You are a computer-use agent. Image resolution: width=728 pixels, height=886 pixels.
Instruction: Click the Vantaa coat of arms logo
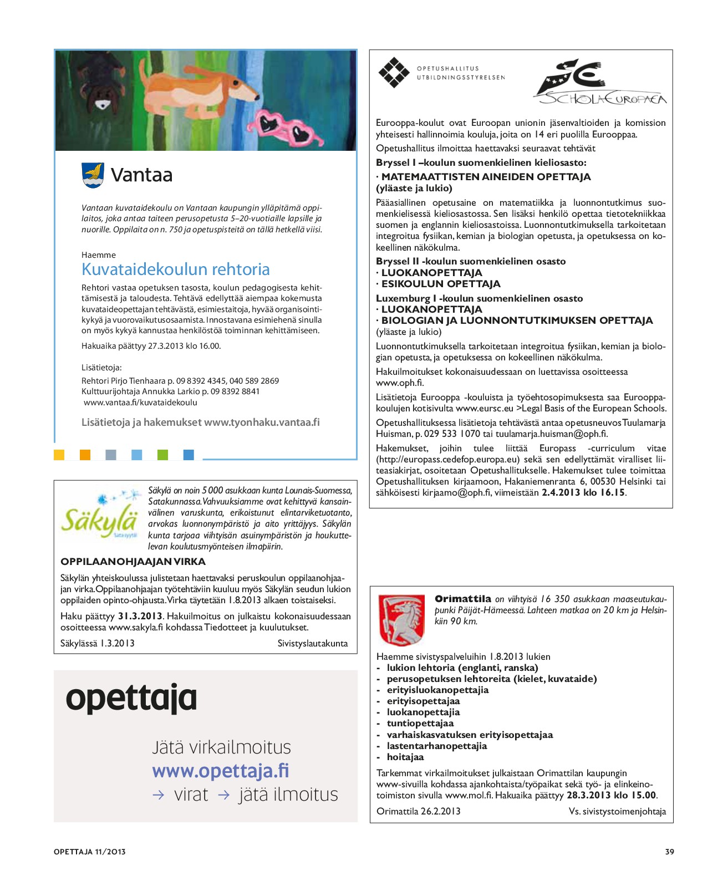(x=93, y=175)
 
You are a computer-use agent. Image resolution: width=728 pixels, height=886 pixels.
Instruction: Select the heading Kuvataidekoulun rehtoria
(x=175, y=269)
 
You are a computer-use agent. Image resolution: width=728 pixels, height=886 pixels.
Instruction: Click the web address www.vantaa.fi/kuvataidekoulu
(x=140, y=403)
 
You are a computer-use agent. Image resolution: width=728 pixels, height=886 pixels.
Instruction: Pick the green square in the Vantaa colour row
(x=162, y=455)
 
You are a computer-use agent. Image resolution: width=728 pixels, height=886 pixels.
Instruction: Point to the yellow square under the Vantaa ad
(x=59, y=455)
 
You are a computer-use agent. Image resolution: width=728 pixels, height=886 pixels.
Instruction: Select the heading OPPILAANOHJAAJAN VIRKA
(x=133, y=562)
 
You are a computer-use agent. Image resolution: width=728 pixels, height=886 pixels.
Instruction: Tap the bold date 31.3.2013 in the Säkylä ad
(x=140, y=617)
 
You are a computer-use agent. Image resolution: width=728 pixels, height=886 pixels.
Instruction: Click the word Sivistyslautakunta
(x=312, y=644)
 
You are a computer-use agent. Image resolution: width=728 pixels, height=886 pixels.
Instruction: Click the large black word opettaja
(x=131, y=698)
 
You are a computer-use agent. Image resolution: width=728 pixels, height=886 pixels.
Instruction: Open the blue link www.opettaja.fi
(x=220, y=771)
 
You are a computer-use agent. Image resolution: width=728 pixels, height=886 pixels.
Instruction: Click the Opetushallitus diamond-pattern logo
(x=394, y=73)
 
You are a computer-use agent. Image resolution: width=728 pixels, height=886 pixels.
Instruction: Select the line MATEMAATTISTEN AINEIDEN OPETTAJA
(x=486, y=177)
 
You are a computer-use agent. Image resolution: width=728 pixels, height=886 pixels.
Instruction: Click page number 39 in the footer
(x=669, y=852)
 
